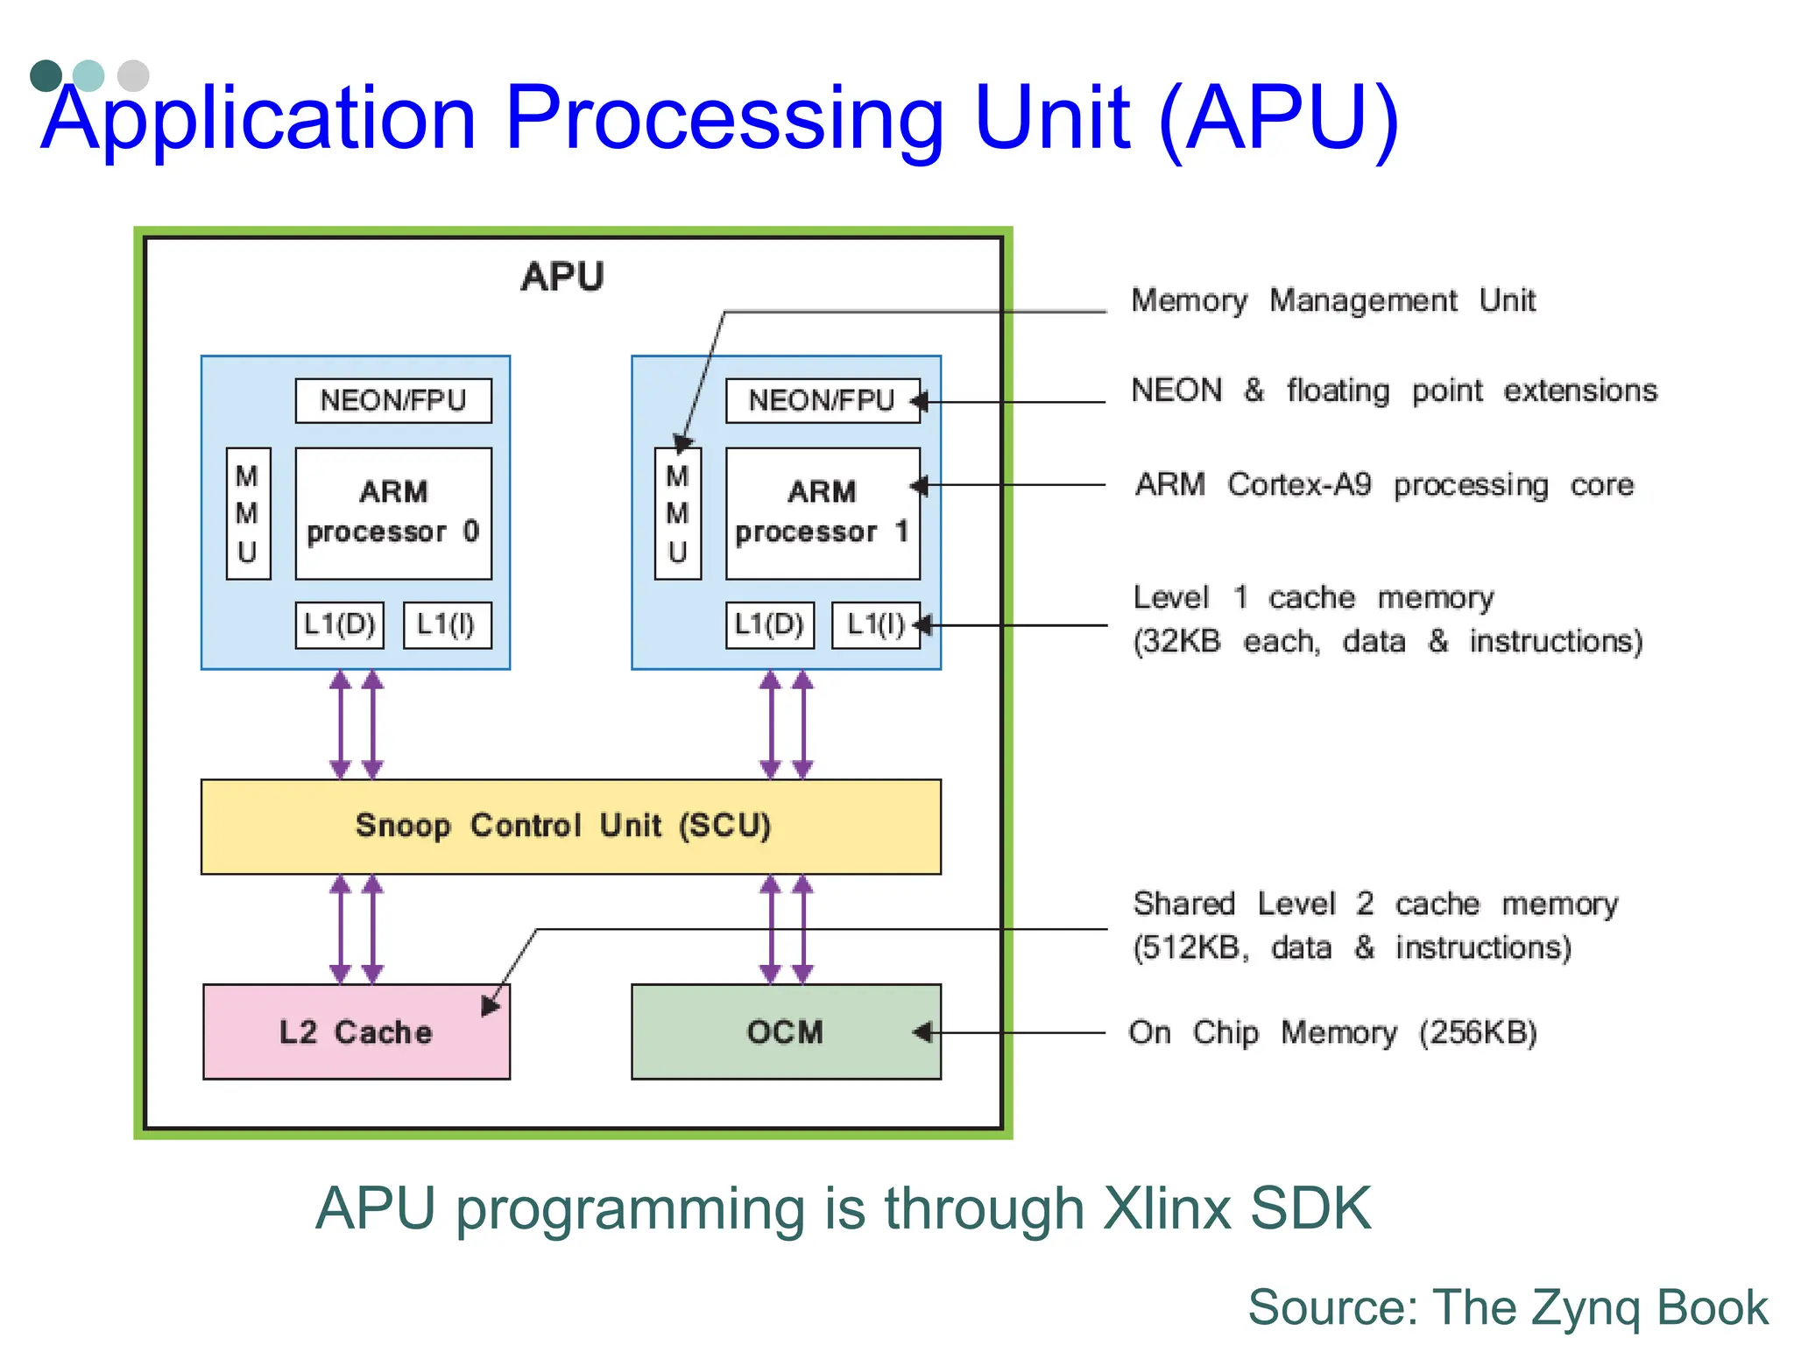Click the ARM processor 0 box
[393, 513]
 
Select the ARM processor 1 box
[823, 513]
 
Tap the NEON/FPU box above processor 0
[393, 401]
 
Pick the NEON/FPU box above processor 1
[823, 401]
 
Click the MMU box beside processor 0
[248, 514]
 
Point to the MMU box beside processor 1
[677, 514]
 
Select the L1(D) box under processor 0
[339, 624]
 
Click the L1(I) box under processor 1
[875, 624]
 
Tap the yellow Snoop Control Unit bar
[570, 827]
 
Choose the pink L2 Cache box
[356, 1032]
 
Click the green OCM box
[786, 1032]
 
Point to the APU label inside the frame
[562, 277]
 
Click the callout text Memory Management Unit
[1332, 300]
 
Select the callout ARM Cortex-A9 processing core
[1384, 484]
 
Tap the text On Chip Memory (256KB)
[1332, 1032]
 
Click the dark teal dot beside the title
[46, 76]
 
